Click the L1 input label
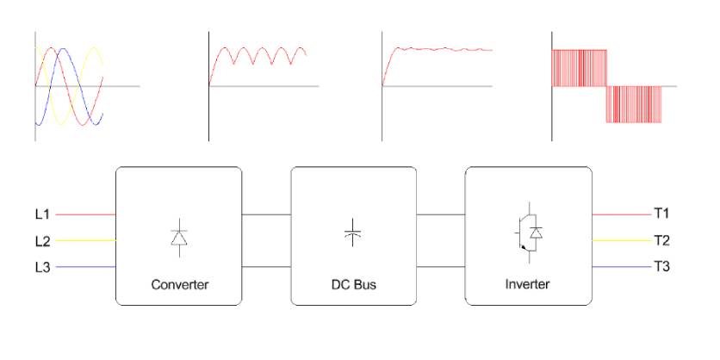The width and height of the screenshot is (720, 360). (x=42, y=214)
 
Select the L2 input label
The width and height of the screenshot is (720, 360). (x=42, y=240)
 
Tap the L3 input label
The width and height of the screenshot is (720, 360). (x=42, y=267)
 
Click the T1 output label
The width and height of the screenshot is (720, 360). (x=661, y=214)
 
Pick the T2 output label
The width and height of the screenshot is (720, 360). (x=661, y=240)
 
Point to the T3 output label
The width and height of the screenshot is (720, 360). (x=661, y=267)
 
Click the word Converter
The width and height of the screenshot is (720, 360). (x=179, y=284)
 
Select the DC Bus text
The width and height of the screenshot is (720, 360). (x=353, y=284)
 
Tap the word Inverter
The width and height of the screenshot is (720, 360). (x=527, y=284)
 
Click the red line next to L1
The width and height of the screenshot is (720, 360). (x=86, y=214)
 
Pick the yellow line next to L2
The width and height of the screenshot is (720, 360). (x=86, y=240)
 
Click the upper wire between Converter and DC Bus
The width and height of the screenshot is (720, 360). (x=266, y=214)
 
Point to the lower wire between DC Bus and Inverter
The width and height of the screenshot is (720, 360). (x=441, y=267)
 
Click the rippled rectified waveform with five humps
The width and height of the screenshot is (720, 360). (x=258, y=60)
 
